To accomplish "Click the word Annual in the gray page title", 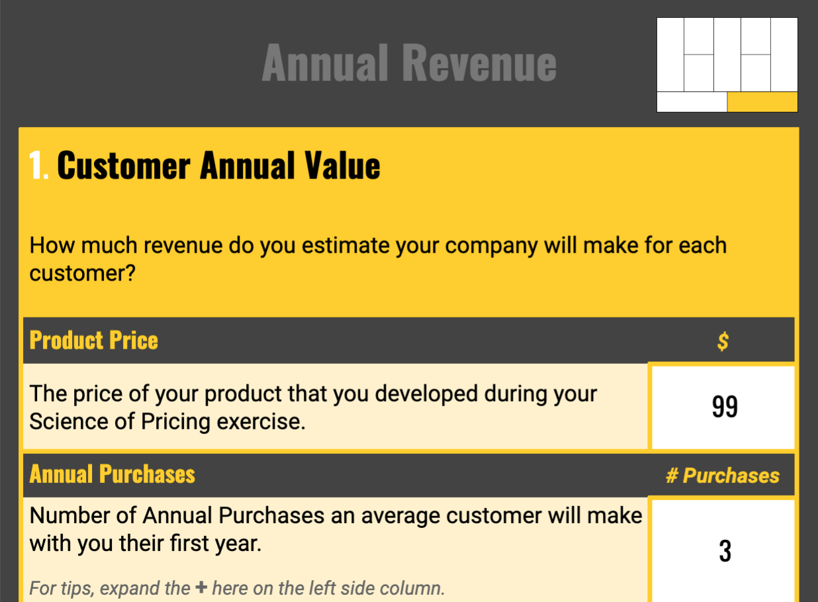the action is click(x=325, y=62).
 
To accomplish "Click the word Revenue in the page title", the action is click(x=479, y=62).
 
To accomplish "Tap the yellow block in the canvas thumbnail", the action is click(x=762, y=102).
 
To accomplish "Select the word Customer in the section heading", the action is click(x=124, y=165).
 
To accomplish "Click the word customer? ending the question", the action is click(x=83, y=273).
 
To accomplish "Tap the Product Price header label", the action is click(x=93, y=340).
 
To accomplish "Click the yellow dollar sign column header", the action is click(x=723, y=341).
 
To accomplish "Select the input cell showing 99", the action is click(x=723, y=408).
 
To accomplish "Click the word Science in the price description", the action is click(x=69, y=421).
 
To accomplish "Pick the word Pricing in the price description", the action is click(x=175, y=422).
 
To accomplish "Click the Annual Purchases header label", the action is click(x=112, y=474).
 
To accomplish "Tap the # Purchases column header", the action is click(x=723, y=476).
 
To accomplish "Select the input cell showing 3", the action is click(x=723, y=551).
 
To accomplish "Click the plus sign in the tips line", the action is click(x=201, y=587).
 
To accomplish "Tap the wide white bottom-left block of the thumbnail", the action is click(x=692, y=102).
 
